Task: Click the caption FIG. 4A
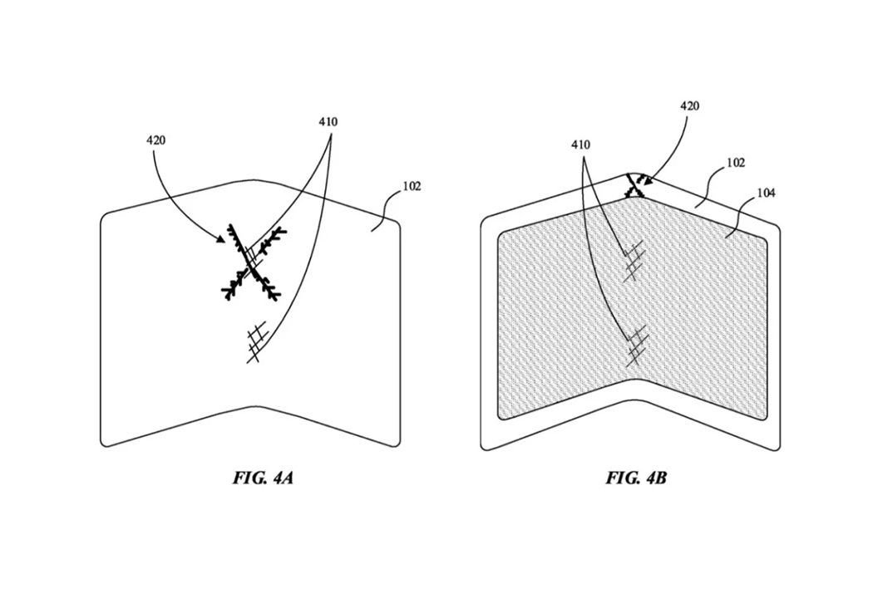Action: (x=263, y=478)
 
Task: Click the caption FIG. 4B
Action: (x=636, y=478)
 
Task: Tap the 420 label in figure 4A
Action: (x=155, y=140)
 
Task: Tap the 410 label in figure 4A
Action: (x=328, y=121)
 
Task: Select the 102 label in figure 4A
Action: (x=412, y=186)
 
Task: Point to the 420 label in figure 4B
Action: (x=689, y=105)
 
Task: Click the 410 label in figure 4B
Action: (x=580, y=145)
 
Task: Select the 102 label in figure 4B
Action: (x=736, y=163)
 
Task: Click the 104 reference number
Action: (x=766, y=194)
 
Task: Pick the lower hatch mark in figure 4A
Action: (x=256, y=341)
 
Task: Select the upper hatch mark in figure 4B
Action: (x=633, y=262)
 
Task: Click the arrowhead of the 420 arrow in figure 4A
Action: (x=223, y=238)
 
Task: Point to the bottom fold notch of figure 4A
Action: (x=251, y=407)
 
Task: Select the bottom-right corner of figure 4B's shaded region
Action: (x=767, y=418)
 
